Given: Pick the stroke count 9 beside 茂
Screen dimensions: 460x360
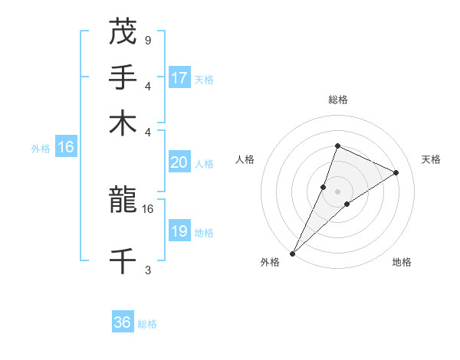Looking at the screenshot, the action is tap(148, 40).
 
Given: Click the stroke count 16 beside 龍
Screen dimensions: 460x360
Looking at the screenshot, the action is tap(148, 208).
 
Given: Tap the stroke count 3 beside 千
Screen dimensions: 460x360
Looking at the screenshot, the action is tap(148, 270).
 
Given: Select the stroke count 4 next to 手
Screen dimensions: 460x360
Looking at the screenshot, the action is tap(148, 86).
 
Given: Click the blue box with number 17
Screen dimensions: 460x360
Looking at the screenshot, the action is tap(179, 78).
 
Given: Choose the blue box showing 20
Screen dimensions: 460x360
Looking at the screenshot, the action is tap(179, 162).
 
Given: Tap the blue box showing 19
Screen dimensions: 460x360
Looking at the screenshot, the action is tap(179, 231).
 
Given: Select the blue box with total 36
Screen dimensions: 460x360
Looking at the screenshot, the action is tap(123, 322).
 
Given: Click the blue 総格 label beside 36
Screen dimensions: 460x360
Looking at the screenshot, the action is tap(147, 324).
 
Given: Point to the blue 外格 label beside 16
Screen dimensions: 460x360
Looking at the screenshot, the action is tap(41, 149).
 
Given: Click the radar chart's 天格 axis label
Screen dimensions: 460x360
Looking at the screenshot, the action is tap(431, 159).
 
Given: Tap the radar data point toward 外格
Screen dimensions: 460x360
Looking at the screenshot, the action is tap(293, 253).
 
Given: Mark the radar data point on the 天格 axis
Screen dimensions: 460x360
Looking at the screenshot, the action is tap(396, 172).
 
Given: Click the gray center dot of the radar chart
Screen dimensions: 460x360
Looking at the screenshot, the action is tap(337, 191).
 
